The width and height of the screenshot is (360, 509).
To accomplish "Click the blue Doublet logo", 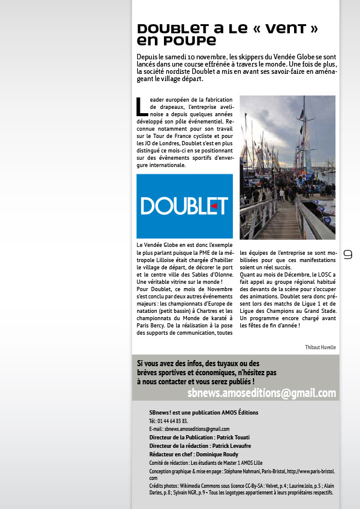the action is (x=185, y=206).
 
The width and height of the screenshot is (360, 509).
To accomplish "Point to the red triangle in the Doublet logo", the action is (x=214, y=206).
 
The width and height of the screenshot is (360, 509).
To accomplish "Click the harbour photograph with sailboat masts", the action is (x=287, y=167).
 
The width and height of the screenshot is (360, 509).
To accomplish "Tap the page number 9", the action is (x=348, y=255).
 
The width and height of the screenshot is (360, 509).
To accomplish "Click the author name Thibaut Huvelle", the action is (x=320, y=347).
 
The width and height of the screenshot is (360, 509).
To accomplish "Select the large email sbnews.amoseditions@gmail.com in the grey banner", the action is (x=261, y=393).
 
